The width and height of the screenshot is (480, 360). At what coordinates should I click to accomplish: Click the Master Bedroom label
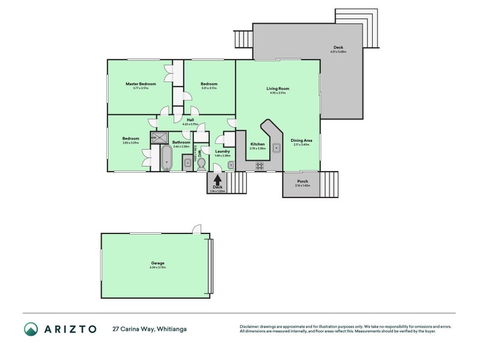pyautogui.click(x=140, y=83)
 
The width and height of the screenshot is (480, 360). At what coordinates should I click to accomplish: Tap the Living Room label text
pyautogui.click(x=278, y=88)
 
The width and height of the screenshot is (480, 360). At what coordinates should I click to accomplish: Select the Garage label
pyautogui.click(x=157, y=263)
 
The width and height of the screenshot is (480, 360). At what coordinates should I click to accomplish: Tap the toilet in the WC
pyautogui.click(x=202, y=163)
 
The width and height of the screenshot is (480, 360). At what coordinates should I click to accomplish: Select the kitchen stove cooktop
pyautogui.click(x=261, y=166)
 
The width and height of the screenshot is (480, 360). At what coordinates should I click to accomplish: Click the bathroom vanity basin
pyautogui.click(x=187, y=162)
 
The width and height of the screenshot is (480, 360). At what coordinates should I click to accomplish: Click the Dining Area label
pyautogui.click(x=302, y=140)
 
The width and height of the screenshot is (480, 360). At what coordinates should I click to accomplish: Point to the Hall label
pyautogui.click(x=190, y=120)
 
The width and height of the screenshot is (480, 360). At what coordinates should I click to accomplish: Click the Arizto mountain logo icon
pyautogui.click(x=31, y=329)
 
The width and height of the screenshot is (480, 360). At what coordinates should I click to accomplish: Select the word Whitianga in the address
pyautogui.click(x=172, y=329)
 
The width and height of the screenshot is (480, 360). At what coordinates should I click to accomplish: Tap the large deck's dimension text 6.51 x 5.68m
pyautogui.click(x=338, y=52)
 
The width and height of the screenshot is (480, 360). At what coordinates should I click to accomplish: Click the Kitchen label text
pyautogui.click(x=257, y=144)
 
